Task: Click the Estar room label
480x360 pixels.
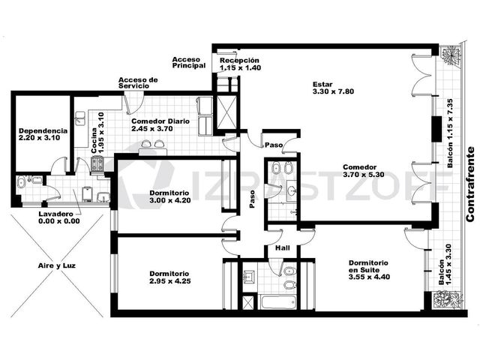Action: coord(333,88)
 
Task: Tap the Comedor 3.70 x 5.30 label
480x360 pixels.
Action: coord(363,171)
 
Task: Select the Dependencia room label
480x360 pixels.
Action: coord(43,134)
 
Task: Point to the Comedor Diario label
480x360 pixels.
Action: coord(160,125)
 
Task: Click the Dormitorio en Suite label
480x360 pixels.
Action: coord(369,270)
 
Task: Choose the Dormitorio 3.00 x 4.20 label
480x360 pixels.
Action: coord(170,196)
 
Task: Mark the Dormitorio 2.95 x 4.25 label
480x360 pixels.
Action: coord(170,277)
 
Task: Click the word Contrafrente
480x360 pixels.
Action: coord(471,184)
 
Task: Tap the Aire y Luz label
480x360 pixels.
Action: coord(57,265)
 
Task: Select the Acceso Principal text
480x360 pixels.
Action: coord(189,62)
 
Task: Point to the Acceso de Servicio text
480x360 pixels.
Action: coord(138,83)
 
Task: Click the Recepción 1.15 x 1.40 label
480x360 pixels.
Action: coord(240,64)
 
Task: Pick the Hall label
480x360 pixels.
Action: coord(283,247)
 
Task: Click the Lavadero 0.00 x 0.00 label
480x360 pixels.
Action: coord(59,217)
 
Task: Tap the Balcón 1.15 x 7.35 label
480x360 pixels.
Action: coord(450,133)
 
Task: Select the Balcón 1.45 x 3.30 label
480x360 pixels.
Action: coord(445,264)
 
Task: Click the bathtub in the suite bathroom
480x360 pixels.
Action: coord(278,301)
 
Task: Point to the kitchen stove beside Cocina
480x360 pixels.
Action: coord(98,164)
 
